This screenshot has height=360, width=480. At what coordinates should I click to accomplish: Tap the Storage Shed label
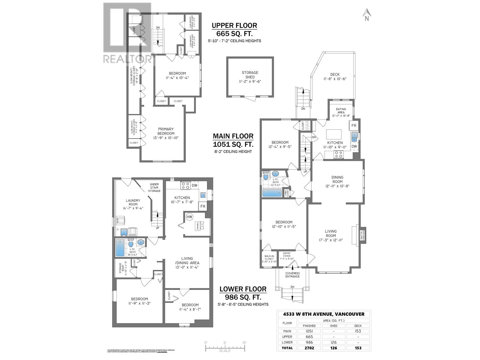tap(250, 77)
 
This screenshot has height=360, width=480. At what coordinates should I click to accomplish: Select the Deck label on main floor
tap(335, 76)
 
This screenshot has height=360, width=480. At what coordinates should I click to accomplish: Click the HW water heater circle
tap(189, 217)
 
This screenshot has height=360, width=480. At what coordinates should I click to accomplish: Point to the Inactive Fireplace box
tap(363, 235)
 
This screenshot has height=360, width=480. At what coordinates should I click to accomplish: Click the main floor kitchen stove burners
tap(339, 154)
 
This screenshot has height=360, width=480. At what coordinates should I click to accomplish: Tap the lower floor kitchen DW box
tap(194, 185)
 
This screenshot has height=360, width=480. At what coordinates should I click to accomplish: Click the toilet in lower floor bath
tap(130, 243)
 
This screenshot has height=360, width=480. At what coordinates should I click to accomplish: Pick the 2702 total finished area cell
tap(309, 348)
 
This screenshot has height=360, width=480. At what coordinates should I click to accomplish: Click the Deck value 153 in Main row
tap(358, 331)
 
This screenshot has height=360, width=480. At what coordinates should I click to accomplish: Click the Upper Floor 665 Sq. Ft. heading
tap(234, 29)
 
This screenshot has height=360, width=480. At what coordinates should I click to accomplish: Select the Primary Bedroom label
tap(166, 133)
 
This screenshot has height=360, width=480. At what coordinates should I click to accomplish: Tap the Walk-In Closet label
tap(269, 259)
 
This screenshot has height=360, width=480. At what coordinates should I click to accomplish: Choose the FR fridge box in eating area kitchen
tap(354, 126)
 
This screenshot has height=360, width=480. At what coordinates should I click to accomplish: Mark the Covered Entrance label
tap(292, 274)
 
